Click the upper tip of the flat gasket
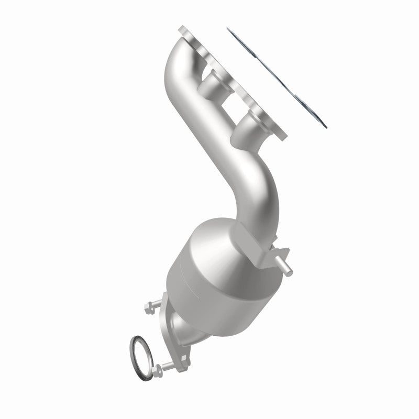coord(231,30)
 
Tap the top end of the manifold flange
coord(184,28)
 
